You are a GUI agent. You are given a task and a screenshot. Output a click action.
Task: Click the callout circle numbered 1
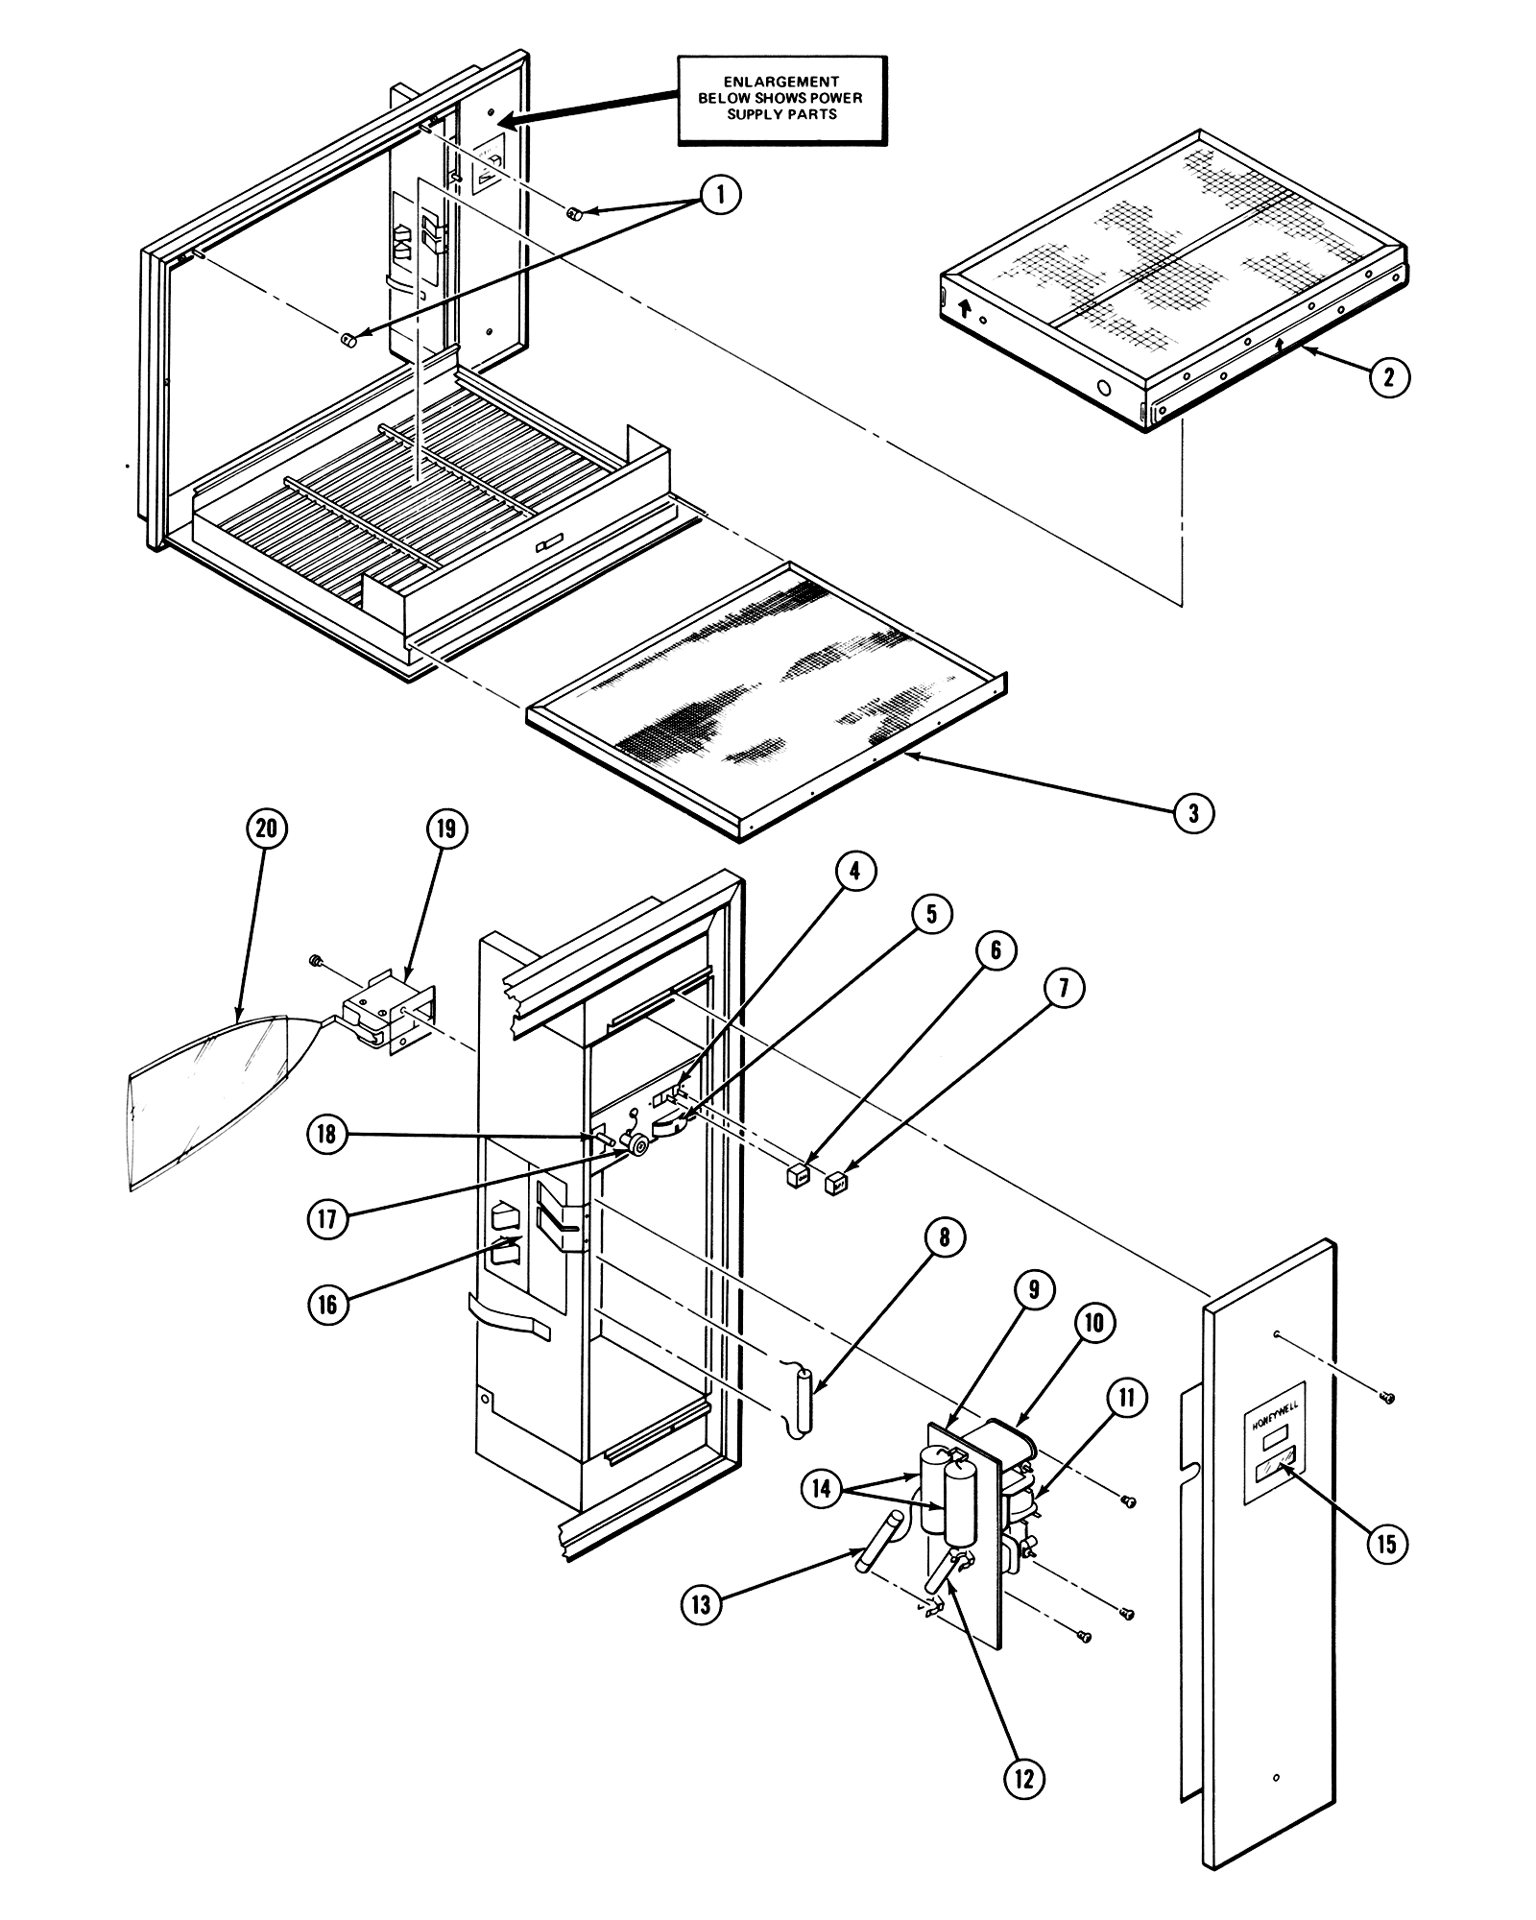pos(721,196)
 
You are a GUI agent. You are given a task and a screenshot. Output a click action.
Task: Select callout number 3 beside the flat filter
pos(1193,814)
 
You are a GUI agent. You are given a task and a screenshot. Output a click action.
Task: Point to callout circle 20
pos(267,828)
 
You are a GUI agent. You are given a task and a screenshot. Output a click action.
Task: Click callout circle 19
pos(447,828)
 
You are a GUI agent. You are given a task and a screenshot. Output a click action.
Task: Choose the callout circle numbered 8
pos(945,1238)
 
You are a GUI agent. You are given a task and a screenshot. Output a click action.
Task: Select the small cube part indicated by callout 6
pos(797,1176)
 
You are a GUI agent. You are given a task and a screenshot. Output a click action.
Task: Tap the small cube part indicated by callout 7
pos(837,1182)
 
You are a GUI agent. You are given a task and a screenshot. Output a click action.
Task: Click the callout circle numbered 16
pos(328,1304)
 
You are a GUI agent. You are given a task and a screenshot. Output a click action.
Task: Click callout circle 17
pos(327,1219)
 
